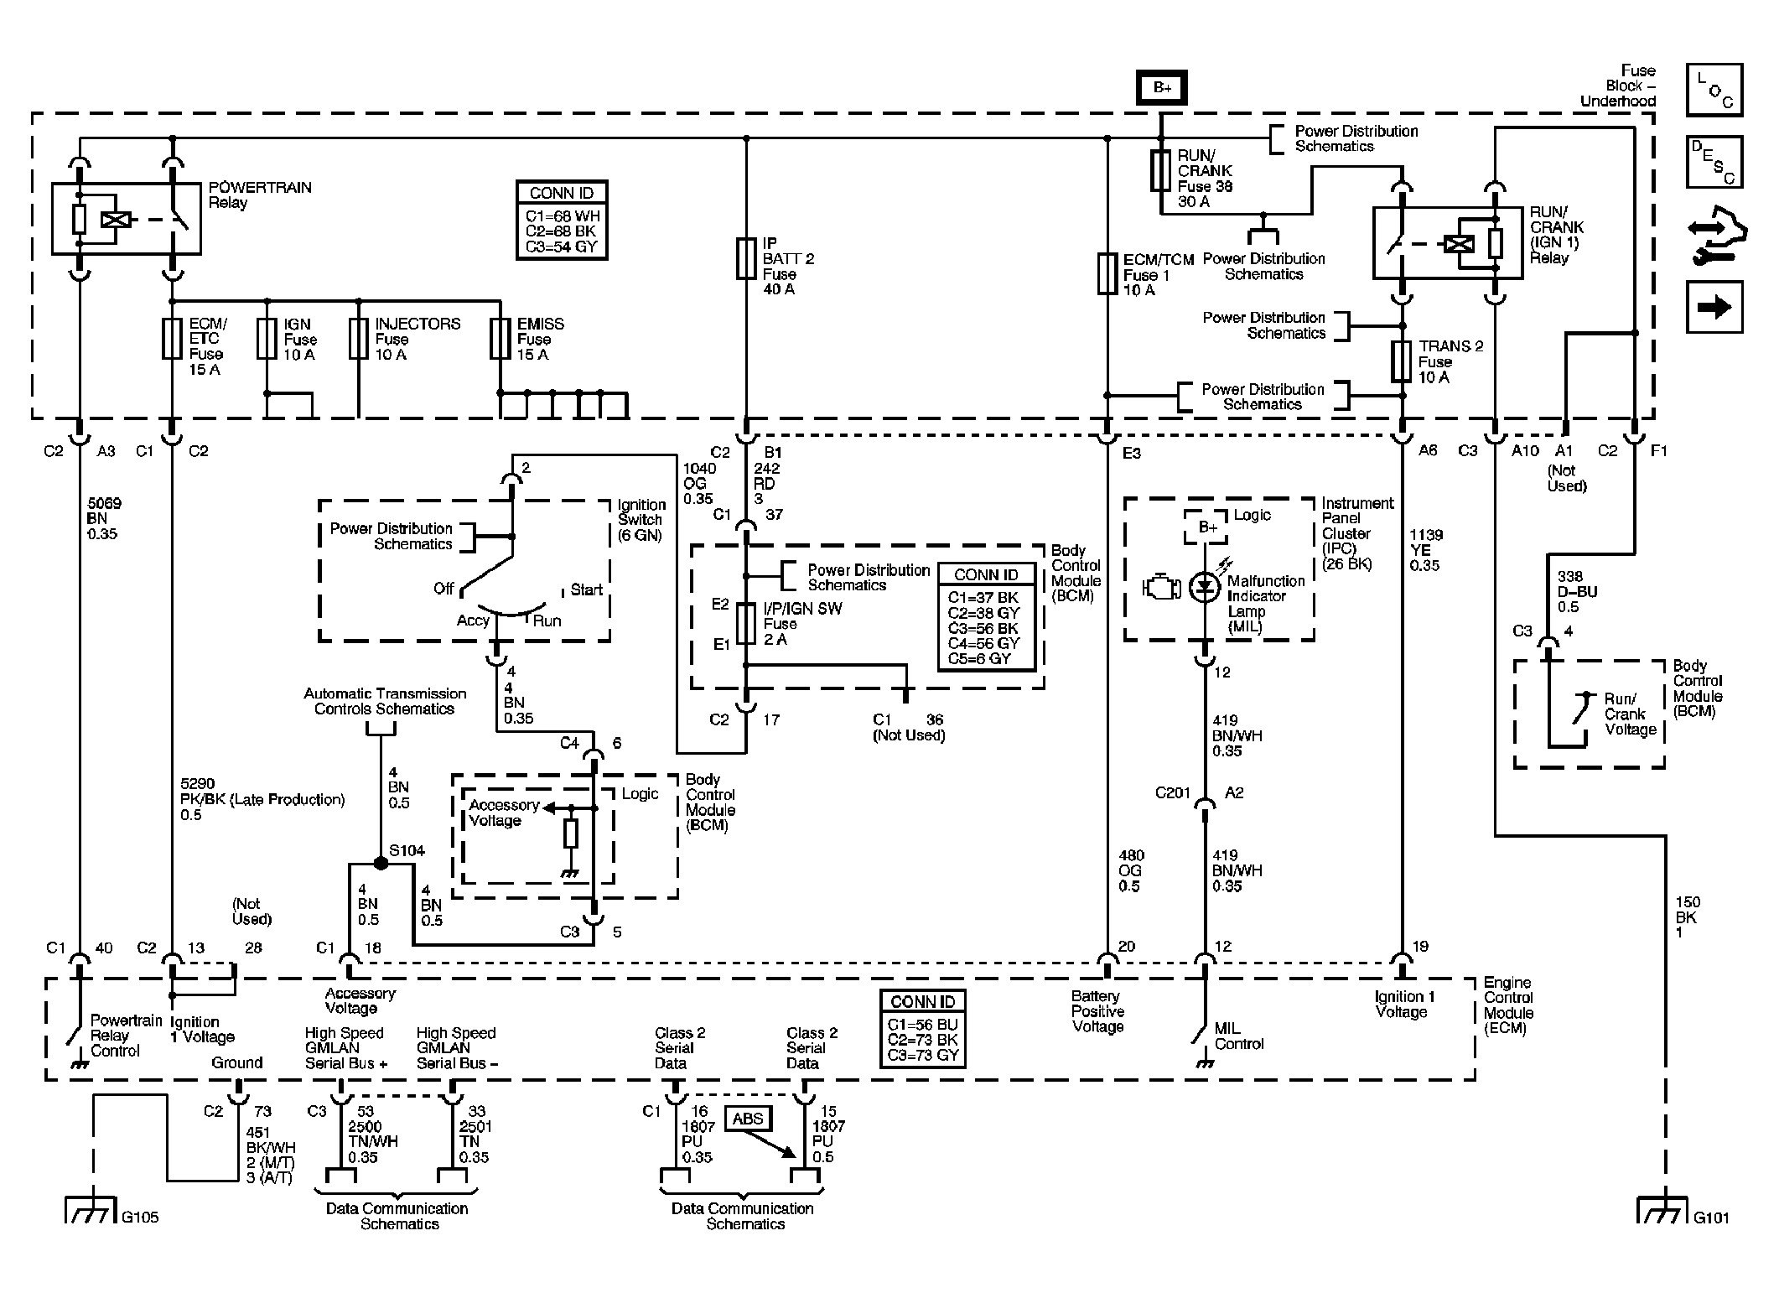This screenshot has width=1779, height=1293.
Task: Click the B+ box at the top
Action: point(1161,87)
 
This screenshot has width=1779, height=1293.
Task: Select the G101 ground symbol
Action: point(1661,1210)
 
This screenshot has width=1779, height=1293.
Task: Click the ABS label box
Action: point(748,1119)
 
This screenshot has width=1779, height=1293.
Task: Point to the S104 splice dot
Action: point(381,863)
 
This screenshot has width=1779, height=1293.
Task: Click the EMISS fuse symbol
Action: point(501,339)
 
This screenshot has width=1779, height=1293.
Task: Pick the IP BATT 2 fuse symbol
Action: point(746,257)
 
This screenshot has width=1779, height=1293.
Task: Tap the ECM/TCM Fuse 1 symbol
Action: point(1107,273)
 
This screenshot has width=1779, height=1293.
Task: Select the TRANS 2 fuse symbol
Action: point(1402,361)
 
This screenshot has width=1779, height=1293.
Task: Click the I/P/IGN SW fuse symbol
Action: point(746,624)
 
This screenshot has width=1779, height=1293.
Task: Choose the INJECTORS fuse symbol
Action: point(359,339)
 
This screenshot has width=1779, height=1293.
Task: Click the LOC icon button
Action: point(1714,90)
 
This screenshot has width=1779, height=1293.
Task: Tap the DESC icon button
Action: point(1714,162)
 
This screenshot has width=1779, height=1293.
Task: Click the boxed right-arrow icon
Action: point(1714,307)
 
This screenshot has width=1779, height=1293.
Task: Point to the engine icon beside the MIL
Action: point(1162,587)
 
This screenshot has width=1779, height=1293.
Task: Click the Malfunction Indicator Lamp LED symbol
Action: point(1206,586)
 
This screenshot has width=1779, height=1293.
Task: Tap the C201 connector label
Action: point(1173,792)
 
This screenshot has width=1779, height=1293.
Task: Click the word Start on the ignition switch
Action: point(587,589)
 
